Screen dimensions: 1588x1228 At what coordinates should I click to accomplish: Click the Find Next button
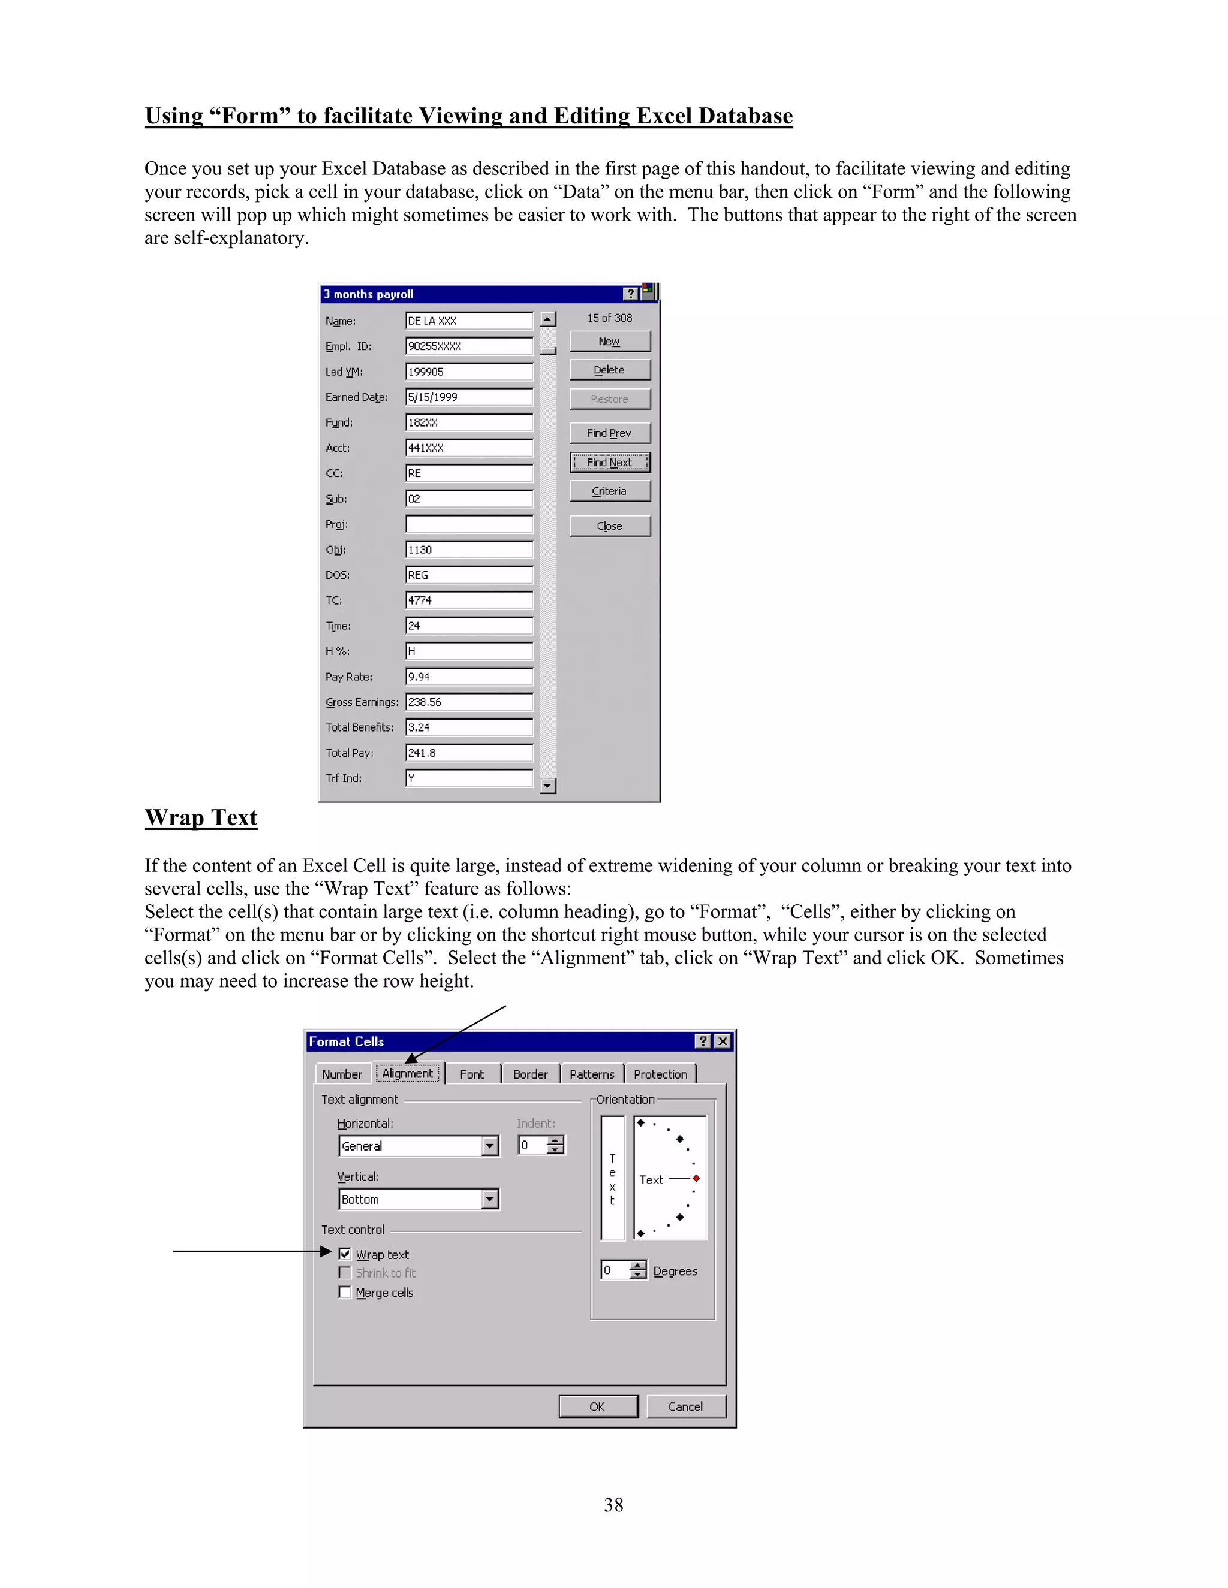pos(610,463)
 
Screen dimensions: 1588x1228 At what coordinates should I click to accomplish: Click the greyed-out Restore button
pos(610,399)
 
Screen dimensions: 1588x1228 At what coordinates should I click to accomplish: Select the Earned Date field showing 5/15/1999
pos(468,397)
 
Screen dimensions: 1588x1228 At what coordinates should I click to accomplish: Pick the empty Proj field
pos(468,524)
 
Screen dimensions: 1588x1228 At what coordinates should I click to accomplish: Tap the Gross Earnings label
pos(362,702)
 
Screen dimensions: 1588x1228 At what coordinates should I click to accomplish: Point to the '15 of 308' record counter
pos(610,318)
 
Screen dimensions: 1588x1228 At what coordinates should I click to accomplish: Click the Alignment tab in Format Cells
pos(407,1074)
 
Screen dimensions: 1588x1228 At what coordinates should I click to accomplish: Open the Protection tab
pos(660,1074)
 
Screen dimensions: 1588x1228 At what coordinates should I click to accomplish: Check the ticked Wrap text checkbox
pos(345,1254)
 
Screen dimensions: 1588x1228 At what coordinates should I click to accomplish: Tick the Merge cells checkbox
pos(345,1293)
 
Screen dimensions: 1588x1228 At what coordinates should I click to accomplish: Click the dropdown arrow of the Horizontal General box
pos(490,1146)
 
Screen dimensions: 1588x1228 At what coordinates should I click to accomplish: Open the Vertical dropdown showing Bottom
pos(490,1200)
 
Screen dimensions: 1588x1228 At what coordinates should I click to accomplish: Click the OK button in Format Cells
pos(597,1407)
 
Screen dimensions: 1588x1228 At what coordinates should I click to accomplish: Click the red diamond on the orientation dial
pos(696,1178)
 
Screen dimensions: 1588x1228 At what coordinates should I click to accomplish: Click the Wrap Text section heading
pos(201,818)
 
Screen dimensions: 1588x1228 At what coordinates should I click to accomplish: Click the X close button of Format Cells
pos(723,1041)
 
